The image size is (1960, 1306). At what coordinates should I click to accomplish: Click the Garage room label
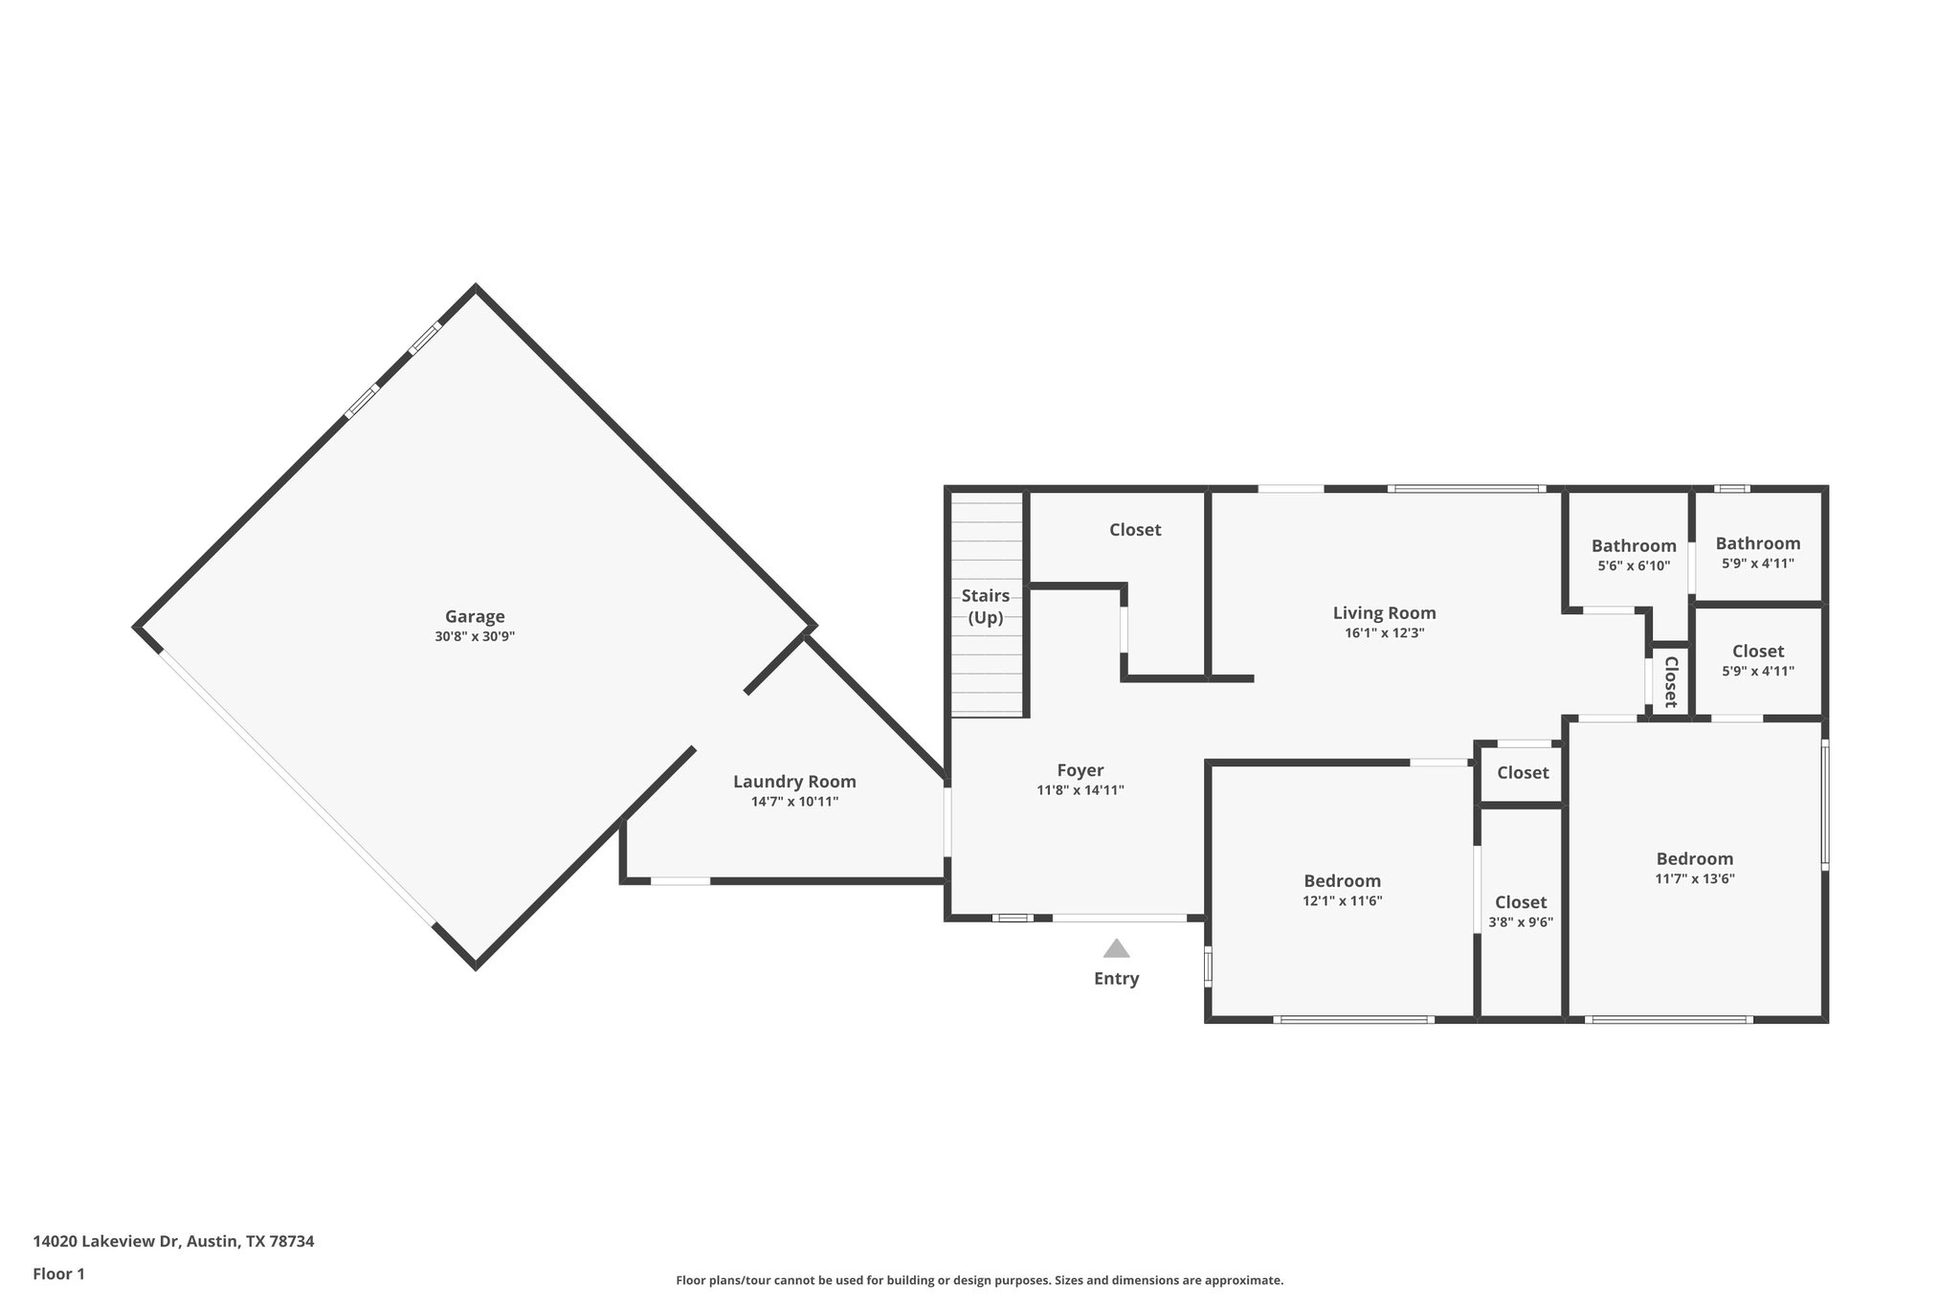pos(475,616)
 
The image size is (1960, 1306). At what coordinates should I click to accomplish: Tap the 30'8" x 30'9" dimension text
pos(475,636)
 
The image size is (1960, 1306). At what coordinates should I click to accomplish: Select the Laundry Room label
pos(794,781)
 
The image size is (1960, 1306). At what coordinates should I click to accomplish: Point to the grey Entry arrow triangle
pos(1116,948)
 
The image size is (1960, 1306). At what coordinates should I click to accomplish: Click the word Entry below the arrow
pos(1116,978)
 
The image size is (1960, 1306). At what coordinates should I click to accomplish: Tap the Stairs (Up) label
pos(986,607)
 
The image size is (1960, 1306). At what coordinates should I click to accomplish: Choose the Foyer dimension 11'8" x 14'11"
pos(1080,790)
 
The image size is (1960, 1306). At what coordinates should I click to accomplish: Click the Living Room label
pos(1384,612)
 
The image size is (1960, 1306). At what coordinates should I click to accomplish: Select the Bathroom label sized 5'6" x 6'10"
pos(1634,545)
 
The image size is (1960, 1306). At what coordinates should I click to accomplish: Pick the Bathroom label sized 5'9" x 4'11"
pos(1757,543)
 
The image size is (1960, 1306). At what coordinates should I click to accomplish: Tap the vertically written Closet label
pos(1670,680)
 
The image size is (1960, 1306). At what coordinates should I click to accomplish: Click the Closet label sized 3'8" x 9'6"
pos(1520,901)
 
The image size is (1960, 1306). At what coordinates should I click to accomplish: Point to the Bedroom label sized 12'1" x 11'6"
pos(1342,880)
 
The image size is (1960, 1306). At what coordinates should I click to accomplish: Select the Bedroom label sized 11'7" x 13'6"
pos(1694,858)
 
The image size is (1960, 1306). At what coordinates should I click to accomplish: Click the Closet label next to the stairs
pos(1135,529)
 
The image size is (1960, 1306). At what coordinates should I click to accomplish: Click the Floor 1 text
pos(59,1273)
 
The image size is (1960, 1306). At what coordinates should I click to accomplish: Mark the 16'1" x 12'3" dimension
pos(1384,632)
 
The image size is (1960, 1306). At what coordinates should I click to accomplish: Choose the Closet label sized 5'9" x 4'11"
pos(1757,652)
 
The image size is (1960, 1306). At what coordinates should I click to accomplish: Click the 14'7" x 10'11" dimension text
pos(794,802)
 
